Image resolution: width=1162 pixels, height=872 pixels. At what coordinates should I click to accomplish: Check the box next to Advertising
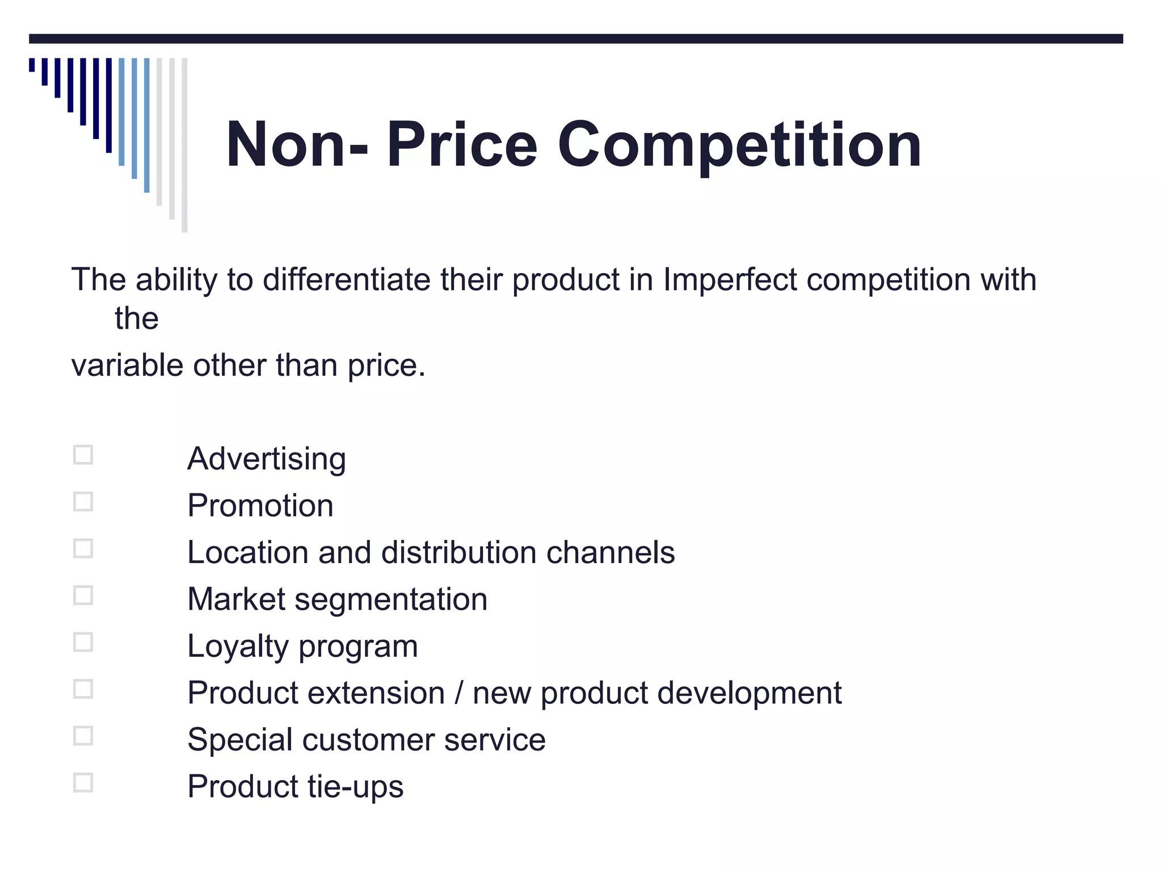coord(83,455)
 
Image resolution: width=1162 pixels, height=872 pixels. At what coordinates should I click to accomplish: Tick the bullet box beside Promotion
coord(83,502)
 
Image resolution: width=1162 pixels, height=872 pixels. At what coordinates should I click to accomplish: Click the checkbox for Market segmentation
coord(83,596)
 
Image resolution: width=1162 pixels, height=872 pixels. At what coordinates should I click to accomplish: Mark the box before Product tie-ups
coord(83,783)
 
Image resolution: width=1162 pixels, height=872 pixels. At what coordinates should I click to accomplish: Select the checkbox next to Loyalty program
coord(83,642)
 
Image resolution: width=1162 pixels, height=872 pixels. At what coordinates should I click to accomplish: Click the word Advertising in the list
coord(266,459)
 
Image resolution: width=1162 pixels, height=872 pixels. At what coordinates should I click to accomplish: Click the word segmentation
coord(391,599)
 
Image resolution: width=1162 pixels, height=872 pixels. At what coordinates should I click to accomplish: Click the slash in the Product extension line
coord(458,693)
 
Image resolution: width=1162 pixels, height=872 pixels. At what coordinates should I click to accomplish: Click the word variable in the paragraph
coord(127,365)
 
